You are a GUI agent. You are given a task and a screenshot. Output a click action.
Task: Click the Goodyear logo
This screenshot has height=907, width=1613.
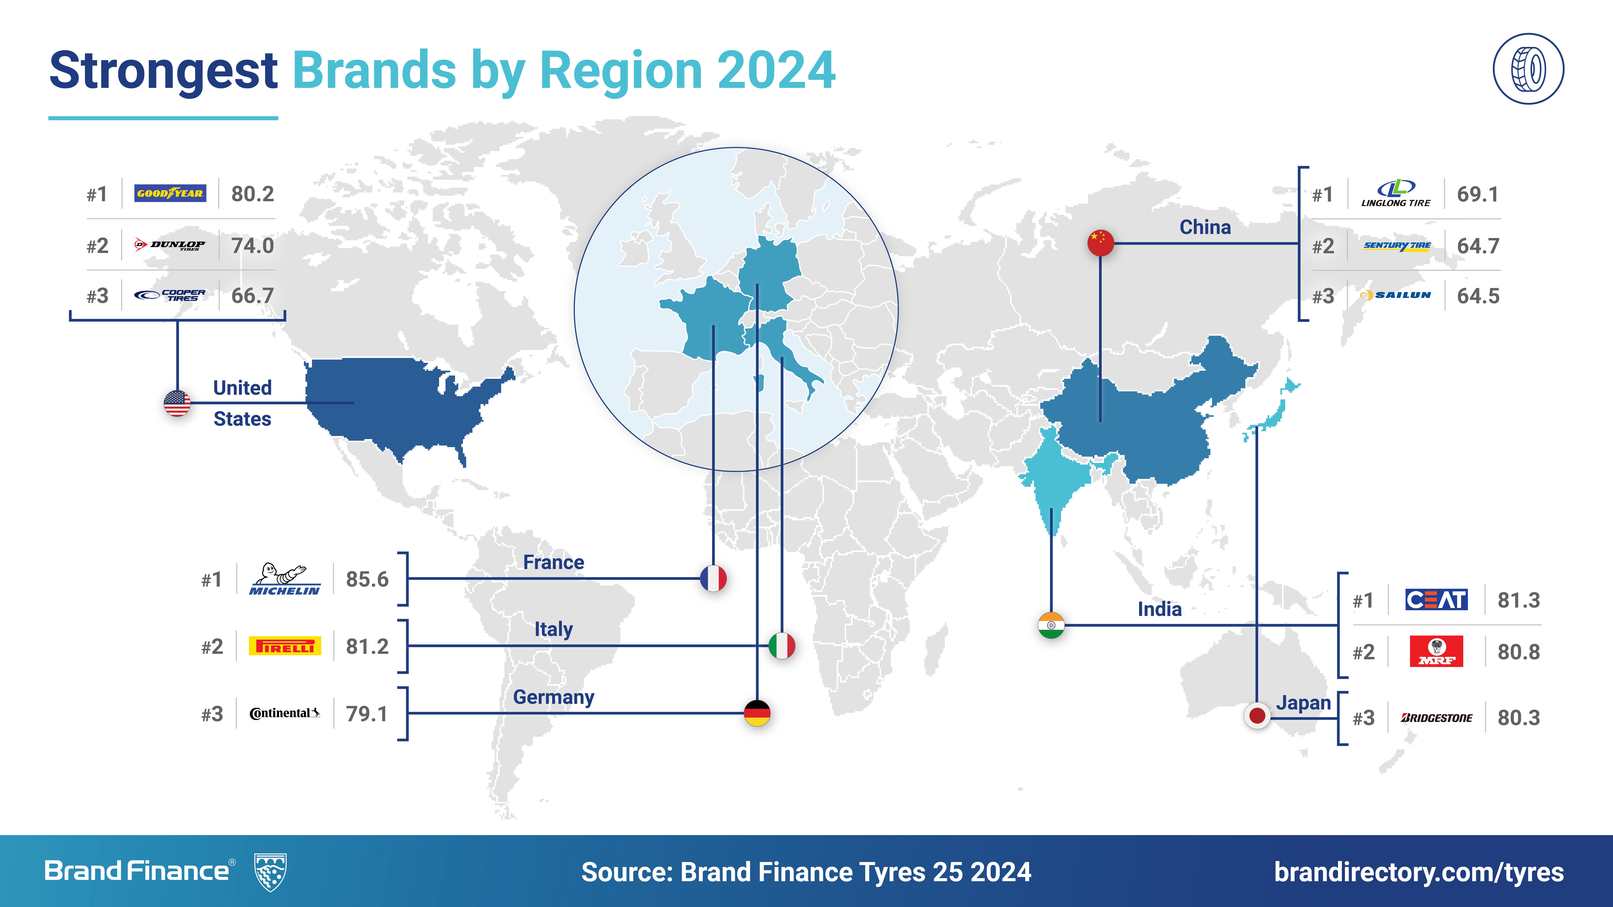[x=170, y=193]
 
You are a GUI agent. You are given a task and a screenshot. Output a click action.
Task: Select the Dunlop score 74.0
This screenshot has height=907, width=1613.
[x=252, y=245]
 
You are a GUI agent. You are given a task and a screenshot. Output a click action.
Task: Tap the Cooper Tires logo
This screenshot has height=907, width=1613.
[x=170, y=295]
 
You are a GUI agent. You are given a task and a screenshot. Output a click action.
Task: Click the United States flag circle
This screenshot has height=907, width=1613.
[x=177, y=403]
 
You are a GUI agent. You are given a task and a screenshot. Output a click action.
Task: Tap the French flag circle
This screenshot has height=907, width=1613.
[x=713, y=578]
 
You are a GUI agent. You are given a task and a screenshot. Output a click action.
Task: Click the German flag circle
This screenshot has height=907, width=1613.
[x=757, y=713]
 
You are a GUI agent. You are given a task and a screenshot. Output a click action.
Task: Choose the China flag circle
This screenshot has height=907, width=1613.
[x=1100, y=243]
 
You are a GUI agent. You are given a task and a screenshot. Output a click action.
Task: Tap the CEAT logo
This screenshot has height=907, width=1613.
[x=1436, y=600]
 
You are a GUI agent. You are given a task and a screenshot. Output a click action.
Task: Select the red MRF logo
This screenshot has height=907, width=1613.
[x=1436, y=651]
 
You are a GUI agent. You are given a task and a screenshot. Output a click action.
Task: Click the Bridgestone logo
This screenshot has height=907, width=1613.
[x=1436, y=718]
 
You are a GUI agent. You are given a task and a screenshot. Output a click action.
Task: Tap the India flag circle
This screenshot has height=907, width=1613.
[x=1051, y=625]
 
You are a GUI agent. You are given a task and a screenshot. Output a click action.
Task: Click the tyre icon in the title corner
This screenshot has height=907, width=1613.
[x=1528, y=69]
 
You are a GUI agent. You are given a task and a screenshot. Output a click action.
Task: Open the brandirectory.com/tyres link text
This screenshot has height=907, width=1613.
[x=1419, y=872]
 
